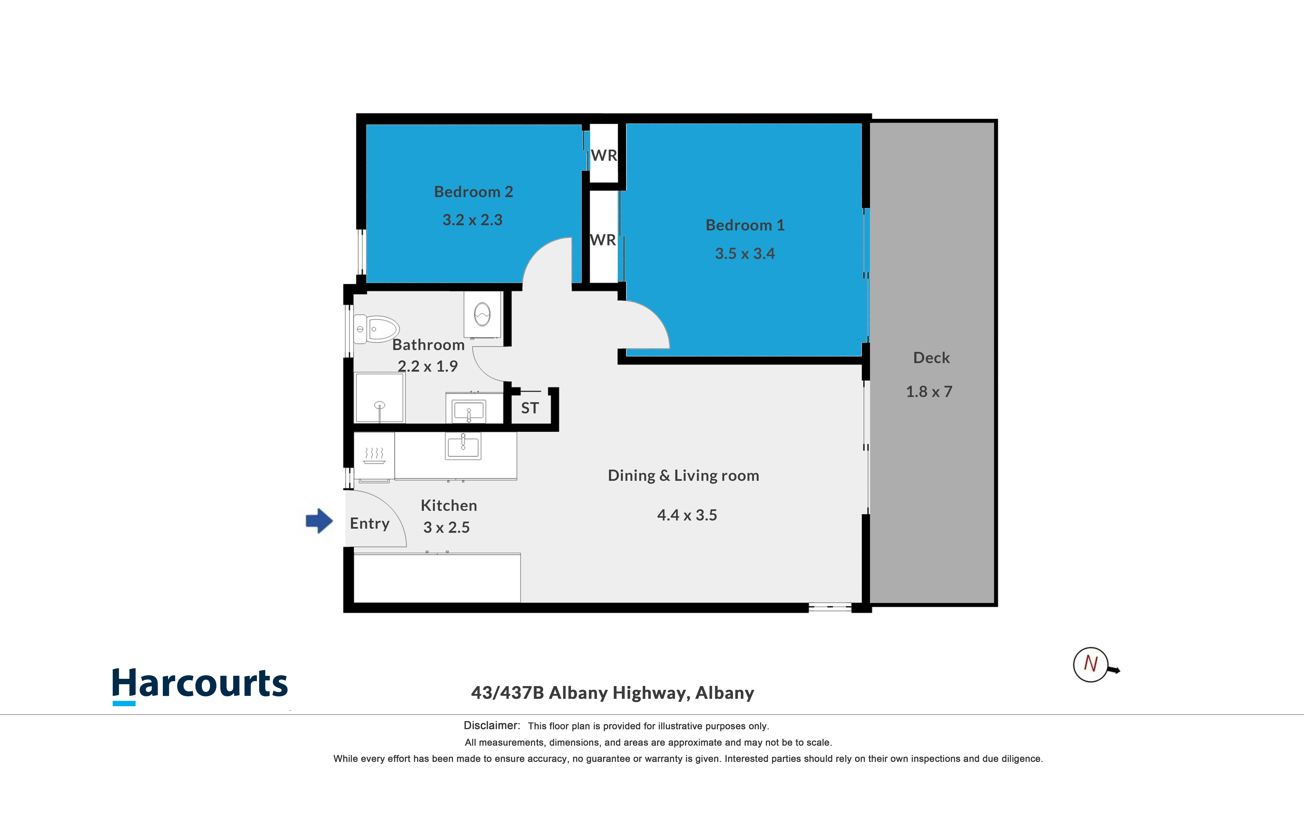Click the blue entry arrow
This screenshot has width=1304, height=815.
319,521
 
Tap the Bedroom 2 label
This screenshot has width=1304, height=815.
474,192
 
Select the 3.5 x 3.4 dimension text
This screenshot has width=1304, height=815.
745,253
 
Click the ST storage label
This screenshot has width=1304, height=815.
530,408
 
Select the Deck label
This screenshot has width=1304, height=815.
931,358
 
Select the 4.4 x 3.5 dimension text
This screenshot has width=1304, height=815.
687,515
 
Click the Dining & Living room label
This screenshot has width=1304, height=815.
683,475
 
